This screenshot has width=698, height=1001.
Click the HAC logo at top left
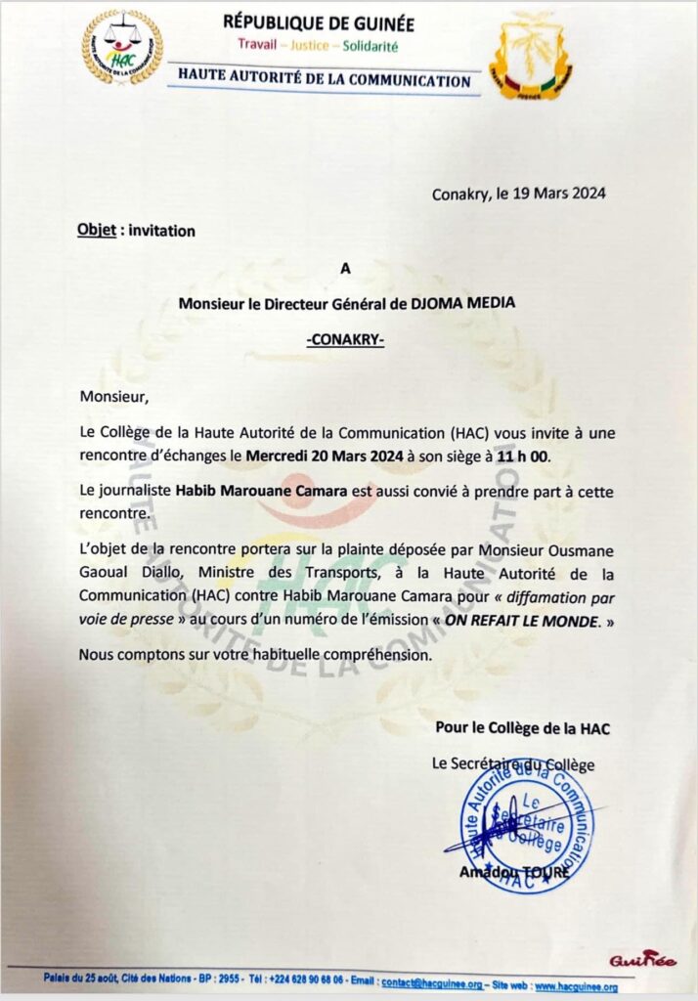pyautogui.click(x=122, y=47)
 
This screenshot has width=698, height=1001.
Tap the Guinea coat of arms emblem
pyautogui.click(x=530, y=56)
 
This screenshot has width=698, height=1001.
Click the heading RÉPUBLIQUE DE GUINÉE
pyautogui.click(x=319, y=23)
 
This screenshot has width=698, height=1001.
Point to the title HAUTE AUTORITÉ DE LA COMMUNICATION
pyautogui.click(x=325, y=81)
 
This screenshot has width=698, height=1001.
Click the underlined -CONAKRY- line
pyautogui.click(x=347, y=340)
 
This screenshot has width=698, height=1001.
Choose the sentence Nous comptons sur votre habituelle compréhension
pyautogui.click(x=255, y=655)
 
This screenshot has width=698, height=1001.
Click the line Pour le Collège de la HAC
pyautogui.click(x=523, y=728)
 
